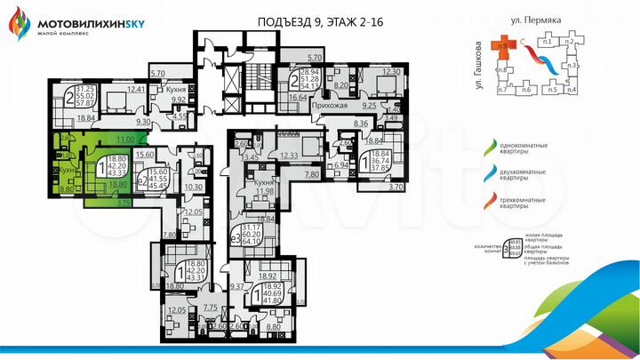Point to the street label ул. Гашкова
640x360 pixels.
(x=478, y=62)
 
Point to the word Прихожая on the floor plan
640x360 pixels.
(x=328, y=106)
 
